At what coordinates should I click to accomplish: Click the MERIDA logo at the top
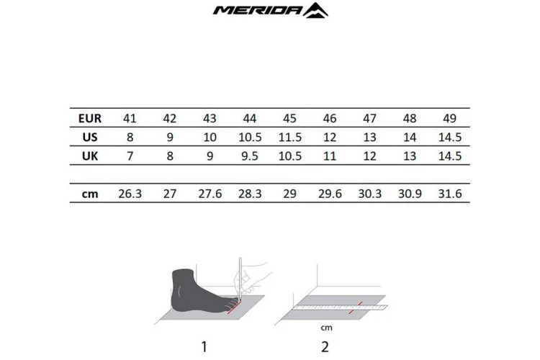pos(271,10)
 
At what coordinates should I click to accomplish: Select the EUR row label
pos(90,118)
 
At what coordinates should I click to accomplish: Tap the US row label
pos(90,138)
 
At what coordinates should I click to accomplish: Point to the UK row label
pos(90,156)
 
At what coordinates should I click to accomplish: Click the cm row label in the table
pos(90,194)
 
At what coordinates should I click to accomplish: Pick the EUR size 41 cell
pos(130,118)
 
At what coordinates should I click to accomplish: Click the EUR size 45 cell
pos(289,118)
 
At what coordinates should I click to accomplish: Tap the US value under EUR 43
pos(210,138)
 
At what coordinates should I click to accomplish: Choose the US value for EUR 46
pos(330,138)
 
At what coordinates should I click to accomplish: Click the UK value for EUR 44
pos(250,156)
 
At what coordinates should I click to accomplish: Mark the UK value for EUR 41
pos(130,156)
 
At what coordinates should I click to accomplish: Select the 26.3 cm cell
pos(130,194)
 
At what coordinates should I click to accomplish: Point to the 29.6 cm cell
pos(330,194)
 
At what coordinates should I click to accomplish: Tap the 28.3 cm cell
pos(250,194)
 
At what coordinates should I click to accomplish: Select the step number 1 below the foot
pos(204,347)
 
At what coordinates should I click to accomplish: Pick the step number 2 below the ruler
pos(325,347)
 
